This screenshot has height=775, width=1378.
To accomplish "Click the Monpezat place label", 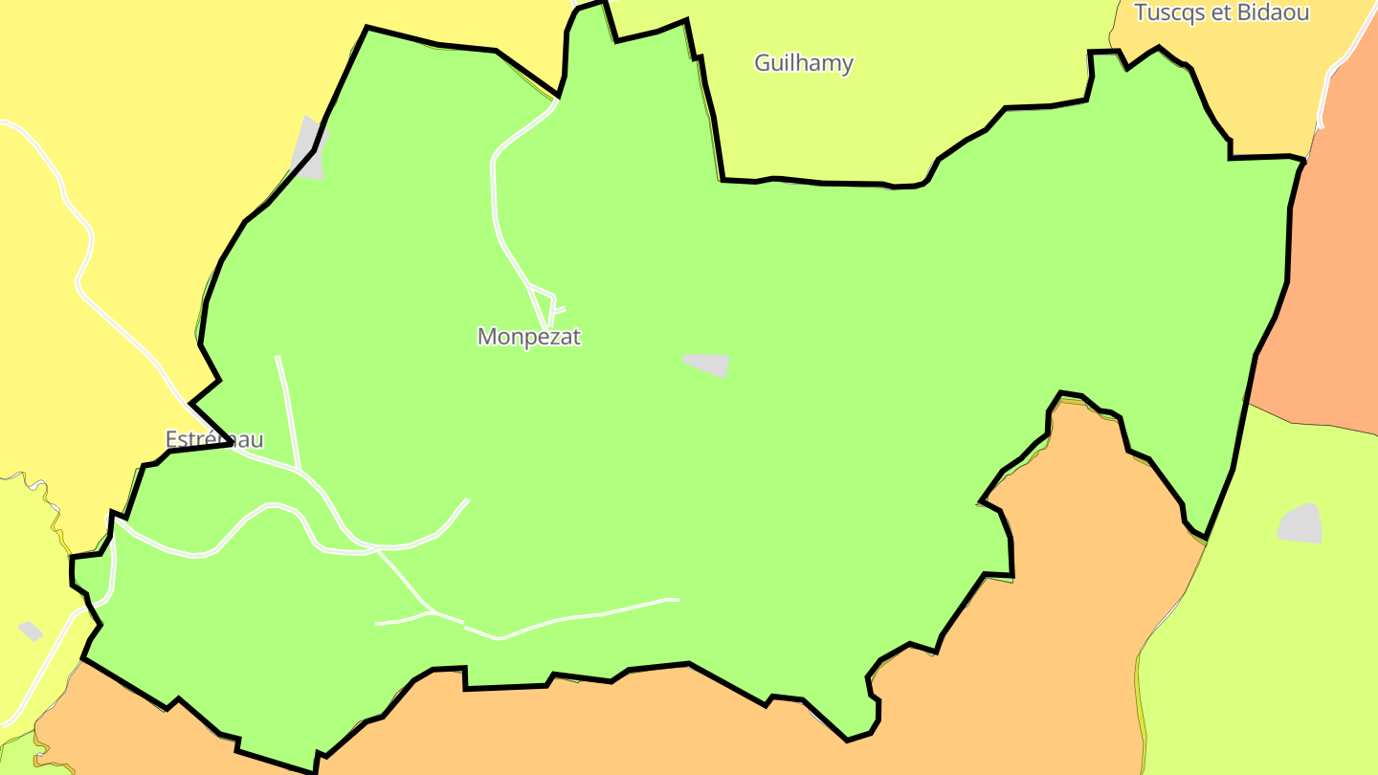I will point(528,337).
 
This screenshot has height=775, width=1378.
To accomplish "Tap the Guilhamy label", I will point(803,63).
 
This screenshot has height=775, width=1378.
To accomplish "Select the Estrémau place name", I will point(213,439).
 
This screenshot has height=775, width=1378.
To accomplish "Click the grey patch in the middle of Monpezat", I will point(708,364).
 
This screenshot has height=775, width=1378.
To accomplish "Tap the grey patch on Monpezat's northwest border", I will point(309,148).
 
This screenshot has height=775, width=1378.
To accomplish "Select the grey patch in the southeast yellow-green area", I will point(1300,523).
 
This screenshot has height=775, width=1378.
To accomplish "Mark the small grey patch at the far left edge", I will point(31,631).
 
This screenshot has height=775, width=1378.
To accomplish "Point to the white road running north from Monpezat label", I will point(494,191).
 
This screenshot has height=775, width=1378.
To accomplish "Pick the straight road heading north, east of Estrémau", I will point(288,411).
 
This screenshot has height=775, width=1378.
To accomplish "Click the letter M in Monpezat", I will point(487,337).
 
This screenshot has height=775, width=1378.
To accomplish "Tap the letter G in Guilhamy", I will point(763,63).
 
